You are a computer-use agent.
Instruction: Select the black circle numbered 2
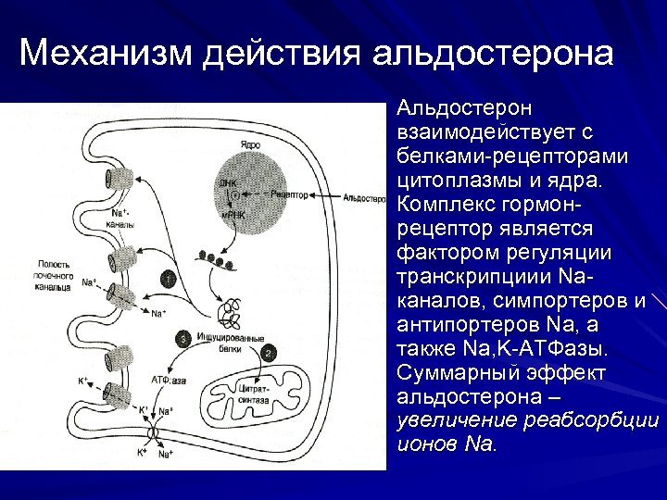coord(268,353)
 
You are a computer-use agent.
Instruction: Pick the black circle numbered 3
coord(183,340)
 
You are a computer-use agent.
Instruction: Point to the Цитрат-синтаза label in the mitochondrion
coord(253,395)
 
